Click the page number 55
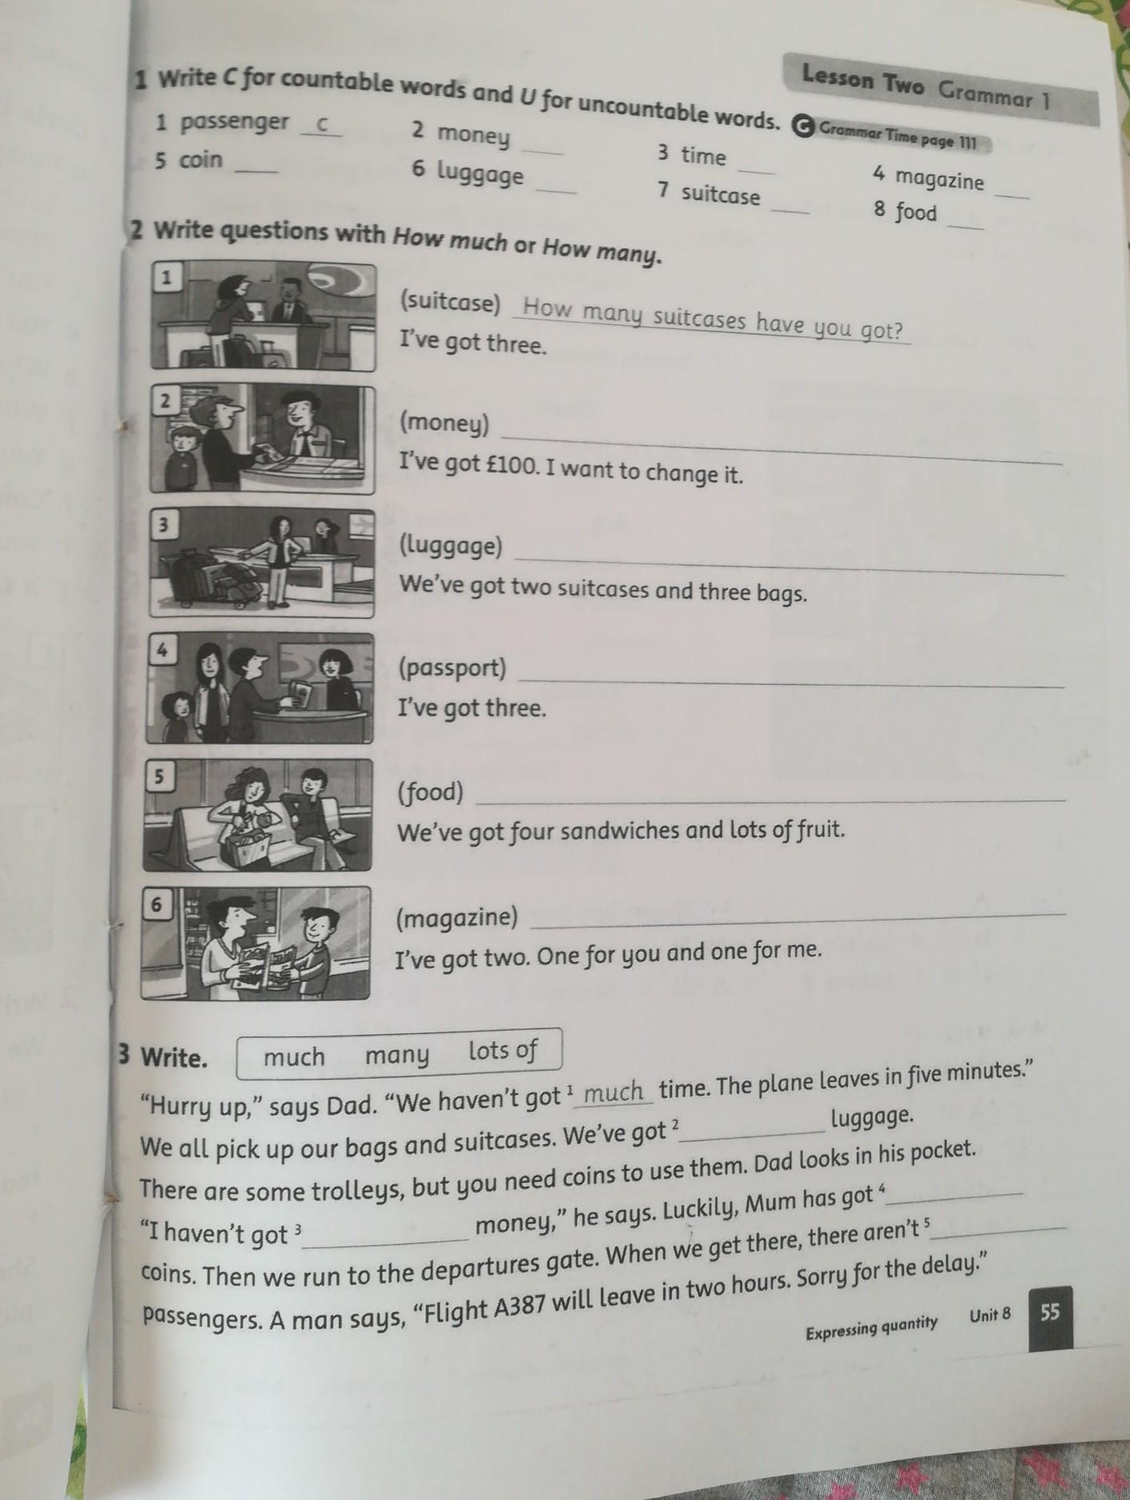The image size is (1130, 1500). tap(1050, 1312)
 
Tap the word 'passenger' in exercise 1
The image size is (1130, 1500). tap(234, 123)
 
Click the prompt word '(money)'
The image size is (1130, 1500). tap(444, 424)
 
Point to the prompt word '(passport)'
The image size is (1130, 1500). tap(452, 668)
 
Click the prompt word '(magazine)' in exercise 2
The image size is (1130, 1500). tap(457, 917)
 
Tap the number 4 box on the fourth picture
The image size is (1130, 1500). tap(163, 650)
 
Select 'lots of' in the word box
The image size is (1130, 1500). tap(503, 1050)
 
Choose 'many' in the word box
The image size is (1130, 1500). tap(397, 1056)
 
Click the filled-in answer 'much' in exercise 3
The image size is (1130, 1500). tap(614, 1092)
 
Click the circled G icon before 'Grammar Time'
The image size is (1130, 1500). tap(802, 126)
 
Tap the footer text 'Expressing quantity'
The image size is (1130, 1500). tap(871, 1325)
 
